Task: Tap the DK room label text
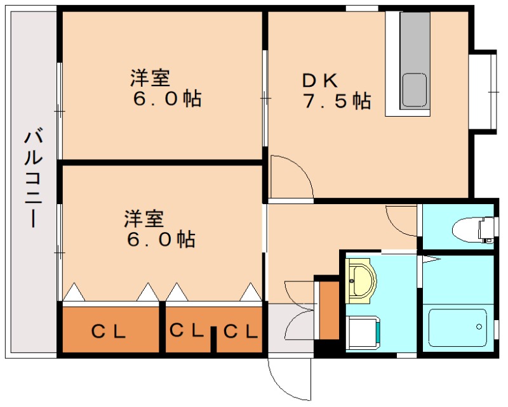[321, 81]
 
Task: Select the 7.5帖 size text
[337, 101]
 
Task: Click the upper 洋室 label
[150, 79]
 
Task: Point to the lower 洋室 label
[144, 219]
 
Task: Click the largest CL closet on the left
[109, 330]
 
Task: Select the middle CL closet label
[186, 330]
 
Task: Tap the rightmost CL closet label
[241, 330]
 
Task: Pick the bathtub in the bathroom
[457, 327]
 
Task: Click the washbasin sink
[362, 280]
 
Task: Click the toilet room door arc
[400, 222]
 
